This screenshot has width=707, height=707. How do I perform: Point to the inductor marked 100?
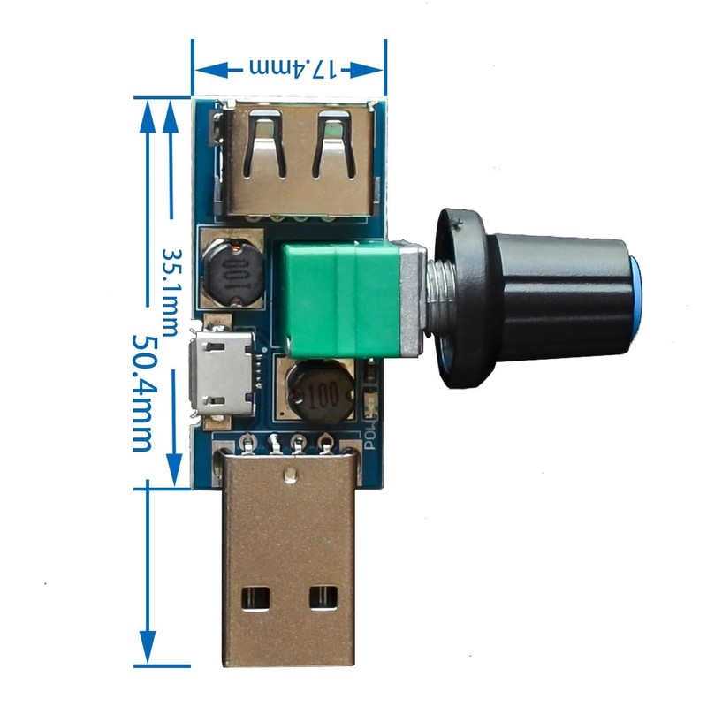[x=321, y=394]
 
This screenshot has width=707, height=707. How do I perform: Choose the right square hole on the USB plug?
[x=321, y=599]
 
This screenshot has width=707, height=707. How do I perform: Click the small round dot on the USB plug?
[x=289, y=477]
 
